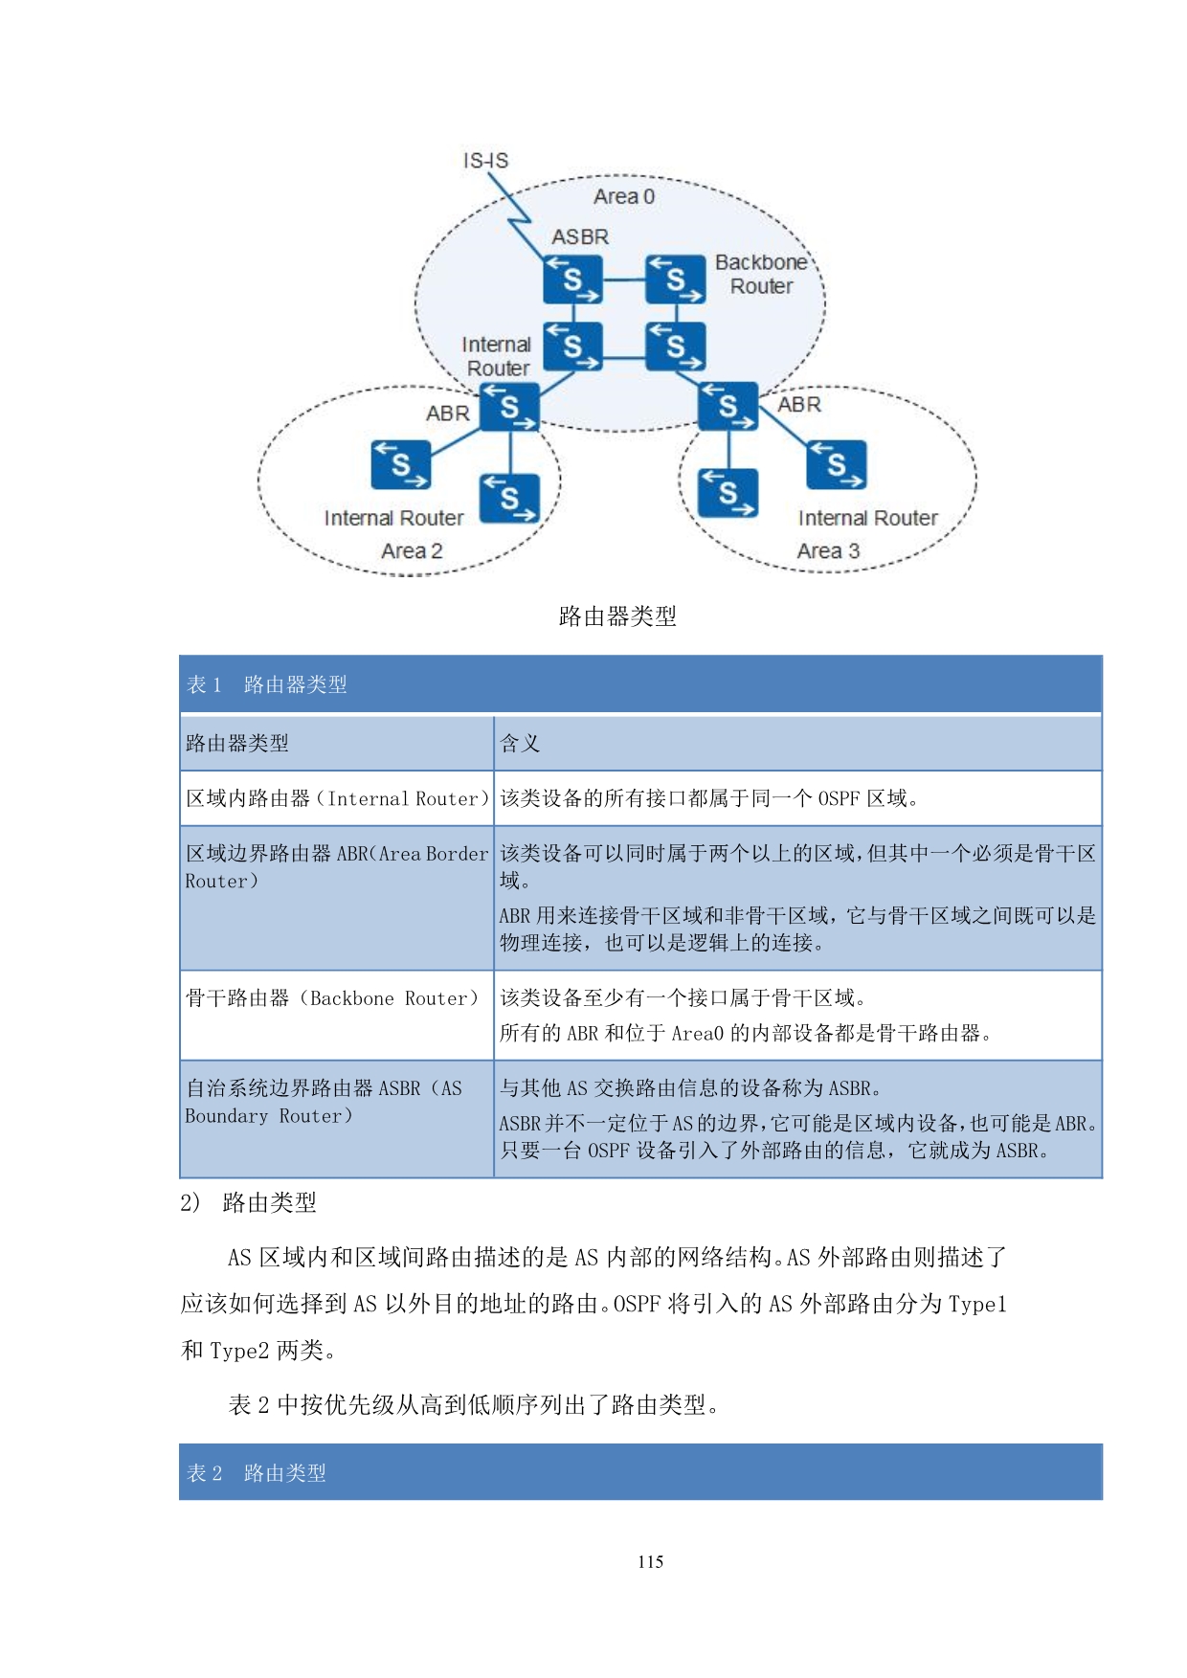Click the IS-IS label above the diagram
tap(485, 160)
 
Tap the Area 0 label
tap(623, 196)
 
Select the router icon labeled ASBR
tap(572, 280)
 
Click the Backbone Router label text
tap(761, 274)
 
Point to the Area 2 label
tap(412, 550)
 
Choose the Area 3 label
tap(828, 550)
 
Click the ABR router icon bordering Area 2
tap(508, 408)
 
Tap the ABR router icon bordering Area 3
tap(728, 407)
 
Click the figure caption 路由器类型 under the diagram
tap(617, 616)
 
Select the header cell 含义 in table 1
tap(520, 743)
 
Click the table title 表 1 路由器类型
tap(267, 684)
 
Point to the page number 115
tap(650, 1561)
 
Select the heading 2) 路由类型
tap(248, 1202)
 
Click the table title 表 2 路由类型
tap(257, 1472)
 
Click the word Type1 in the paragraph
tap(976, 1304)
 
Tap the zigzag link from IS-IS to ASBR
tap(517, 215)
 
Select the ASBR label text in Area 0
tap(579, 236)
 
